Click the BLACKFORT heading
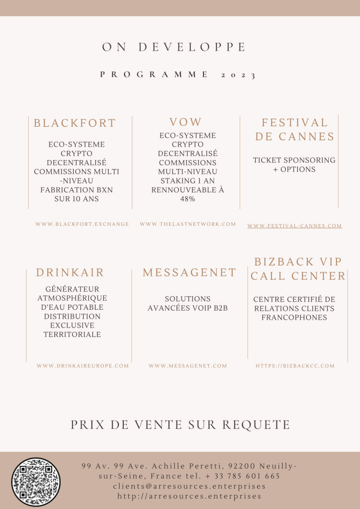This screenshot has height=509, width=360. (75, 123)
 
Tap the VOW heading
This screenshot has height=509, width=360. (186, 122)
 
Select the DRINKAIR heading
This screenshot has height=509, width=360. (70, 272)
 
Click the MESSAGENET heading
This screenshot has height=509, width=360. (189, 272)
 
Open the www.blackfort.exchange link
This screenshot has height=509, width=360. (82, 224)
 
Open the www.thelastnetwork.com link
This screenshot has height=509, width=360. (188, 224)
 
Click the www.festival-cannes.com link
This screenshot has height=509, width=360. (294, 226)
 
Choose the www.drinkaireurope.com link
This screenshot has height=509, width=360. (83, 366)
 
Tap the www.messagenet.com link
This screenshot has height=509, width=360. (187, 366)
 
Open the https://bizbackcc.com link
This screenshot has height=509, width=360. (295, 366)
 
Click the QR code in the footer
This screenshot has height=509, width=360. (36, 482)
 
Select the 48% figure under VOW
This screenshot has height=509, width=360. (187, 199)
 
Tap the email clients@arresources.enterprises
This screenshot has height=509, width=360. (189, 486)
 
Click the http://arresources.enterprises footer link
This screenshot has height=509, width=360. (189, 496)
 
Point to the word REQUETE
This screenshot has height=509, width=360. (256, 424)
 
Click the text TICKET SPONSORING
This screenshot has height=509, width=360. (294, 160)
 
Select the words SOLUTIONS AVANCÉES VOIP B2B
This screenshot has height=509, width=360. (187, 303)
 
